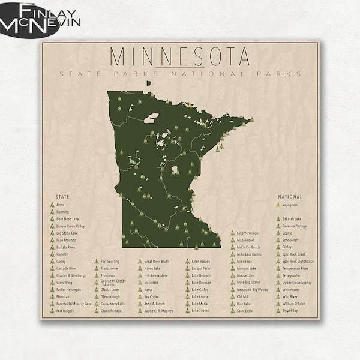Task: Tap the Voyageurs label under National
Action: [290, 205]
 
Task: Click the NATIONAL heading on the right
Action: [290, 196]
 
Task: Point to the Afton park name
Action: [60, 205]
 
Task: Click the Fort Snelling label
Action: [110, 262]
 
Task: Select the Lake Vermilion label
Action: [248, 233]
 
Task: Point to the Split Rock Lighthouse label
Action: [298, 262]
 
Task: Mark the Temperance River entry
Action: [295, 268]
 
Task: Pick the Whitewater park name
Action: [290, 290]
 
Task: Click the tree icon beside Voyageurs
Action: [278, 205]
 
